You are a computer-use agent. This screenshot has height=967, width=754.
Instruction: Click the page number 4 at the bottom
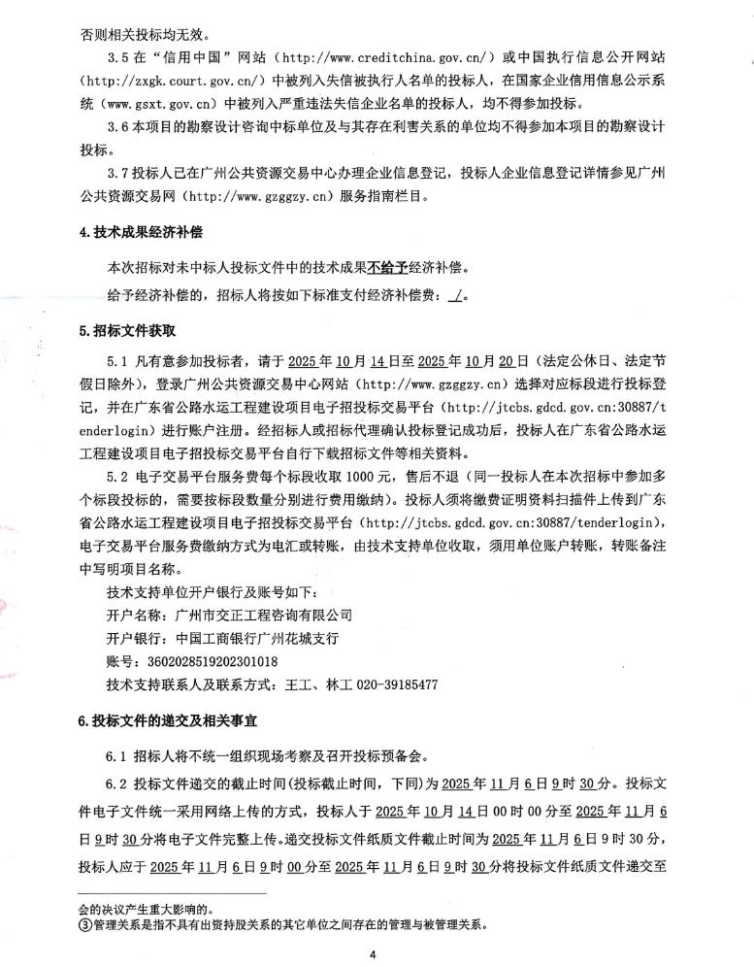point(373,954)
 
